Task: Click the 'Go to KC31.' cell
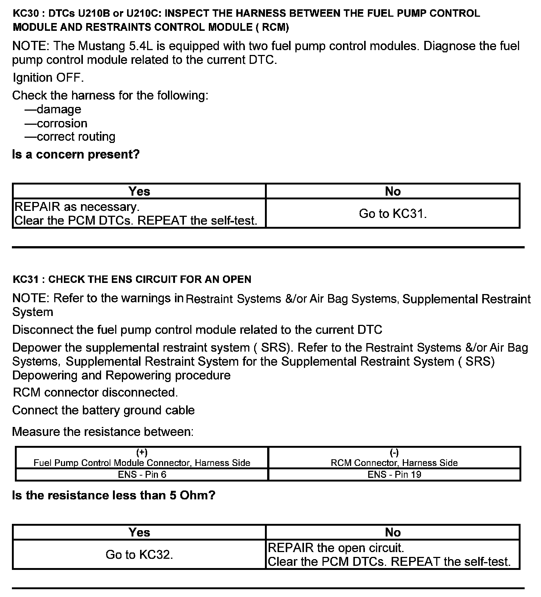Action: tap(393, 213)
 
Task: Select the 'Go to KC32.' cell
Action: tap(139, 555)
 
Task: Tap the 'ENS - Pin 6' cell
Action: tap(142, 474)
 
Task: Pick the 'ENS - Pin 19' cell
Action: tap(394, 474)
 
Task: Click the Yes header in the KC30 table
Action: tap(139, 191)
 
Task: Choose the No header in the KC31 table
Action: tap(393, 532)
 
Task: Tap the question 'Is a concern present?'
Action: tap(76, 154)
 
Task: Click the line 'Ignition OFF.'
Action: tap(48, 78)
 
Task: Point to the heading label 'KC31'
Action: tap(25, 279)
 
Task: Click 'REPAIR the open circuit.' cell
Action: tap(336, 548)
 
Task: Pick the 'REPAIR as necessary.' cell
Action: tap(77, 207)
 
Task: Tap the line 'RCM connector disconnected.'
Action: tap(95, 392)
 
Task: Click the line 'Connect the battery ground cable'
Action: tap(103, 410)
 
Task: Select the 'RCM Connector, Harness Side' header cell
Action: tap(394, 463)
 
